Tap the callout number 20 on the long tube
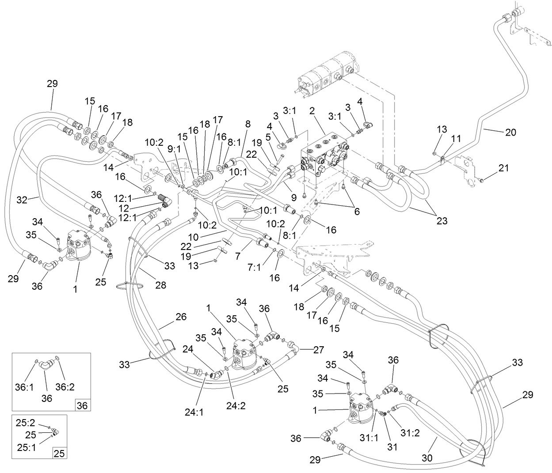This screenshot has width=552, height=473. point(510,132)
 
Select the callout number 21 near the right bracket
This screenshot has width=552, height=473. point(504,168)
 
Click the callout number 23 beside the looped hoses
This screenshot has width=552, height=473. point(442,221)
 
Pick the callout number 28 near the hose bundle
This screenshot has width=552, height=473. point(160,285)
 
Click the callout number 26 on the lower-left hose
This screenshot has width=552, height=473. point(181,317)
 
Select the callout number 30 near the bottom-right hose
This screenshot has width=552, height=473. point(426,458)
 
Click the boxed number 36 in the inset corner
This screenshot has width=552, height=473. point(82,405)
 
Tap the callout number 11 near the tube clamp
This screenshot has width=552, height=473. point(456,139)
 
